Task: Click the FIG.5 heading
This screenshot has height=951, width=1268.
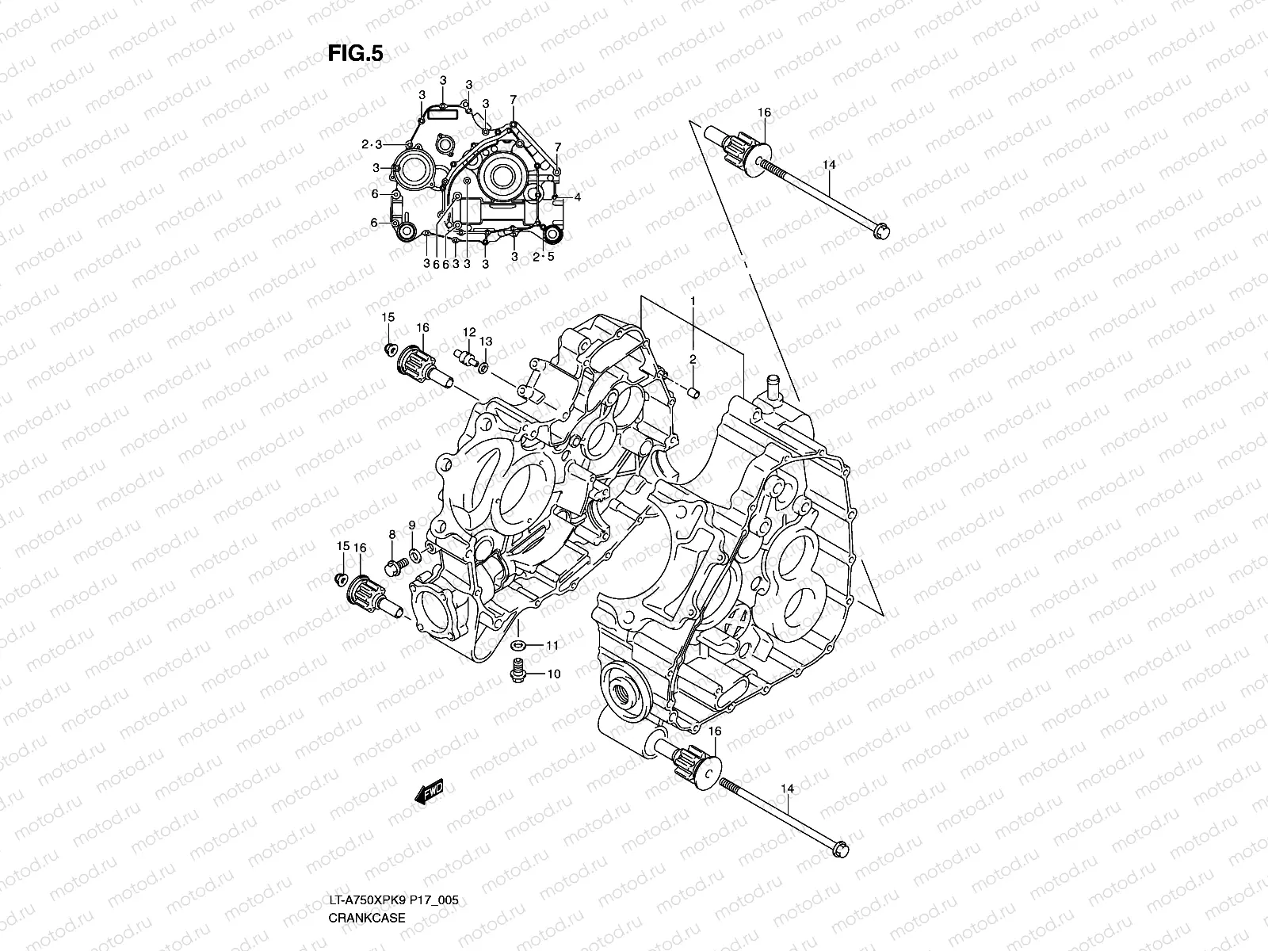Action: (x=355, y=53)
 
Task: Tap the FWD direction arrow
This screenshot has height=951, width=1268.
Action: (x=429, y=792)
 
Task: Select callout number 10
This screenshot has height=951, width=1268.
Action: (x=553, y=674)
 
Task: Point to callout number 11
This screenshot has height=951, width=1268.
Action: (x=552, y=646)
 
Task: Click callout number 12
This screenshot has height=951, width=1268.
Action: (x=469, y=332)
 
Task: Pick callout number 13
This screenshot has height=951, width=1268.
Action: (x=486, y=341)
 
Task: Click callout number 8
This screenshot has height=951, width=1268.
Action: (x=391, y=536)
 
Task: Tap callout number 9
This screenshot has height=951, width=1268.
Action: (x=412, y=525)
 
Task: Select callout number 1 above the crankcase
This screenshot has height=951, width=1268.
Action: (x=692, y=301)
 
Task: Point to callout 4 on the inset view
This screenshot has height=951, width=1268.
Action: (x=579, y=197)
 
